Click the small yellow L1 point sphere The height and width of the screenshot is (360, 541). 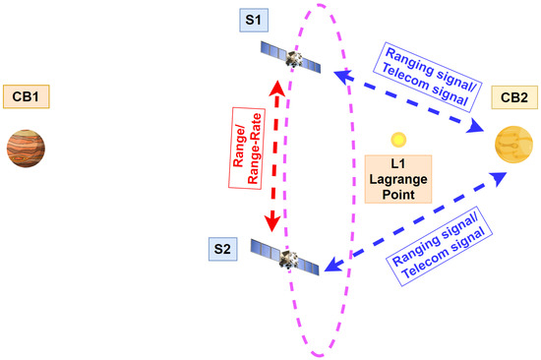[x=397, y=141]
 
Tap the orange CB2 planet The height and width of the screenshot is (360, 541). [x=514, y=148]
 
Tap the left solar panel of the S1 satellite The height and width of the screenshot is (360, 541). [x=271, y=49]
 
